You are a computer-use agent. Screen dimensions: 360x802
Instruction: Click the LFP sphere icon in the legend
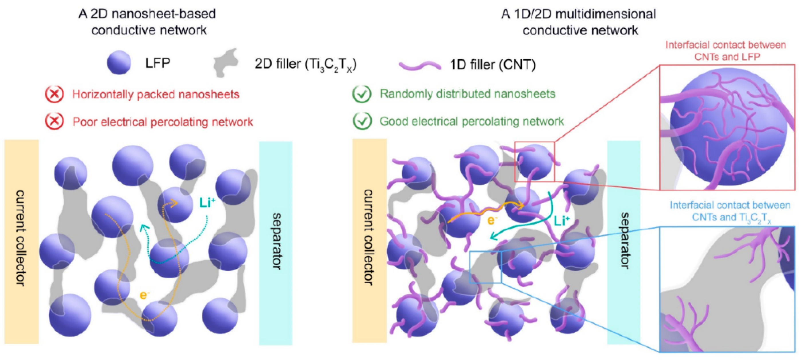pyautogui.click(x=119, y=63)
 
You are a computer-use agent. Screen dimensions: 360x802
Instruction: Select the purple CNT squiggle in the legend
pyautogui.click(x=420, y=66)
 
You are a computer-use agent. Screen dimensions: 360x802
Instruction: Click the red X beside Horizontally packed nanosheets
pyautogui.click(x=54, y=94)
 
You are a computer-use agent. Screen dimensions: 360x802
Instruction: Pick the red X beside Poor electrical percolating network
pyautogui.click(x=54, y=121)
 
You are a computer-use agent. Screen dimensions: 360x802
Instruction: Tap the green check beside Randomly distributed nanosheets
pyautogui.click(x=362, y=94)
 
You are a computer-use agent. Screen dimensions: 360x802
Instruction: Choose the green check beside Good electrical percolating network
pyautogui.click(x=362, y=121)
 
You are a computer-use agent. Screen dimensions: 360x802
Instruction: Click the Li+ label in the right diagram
pyautogui.click(x=562, y=221)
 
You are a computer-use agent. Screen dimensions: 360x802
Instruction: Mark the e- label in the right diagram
pyautogui.click(x=492, y=220)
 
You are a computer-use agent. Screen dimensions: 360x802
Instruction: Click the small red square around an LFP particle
pyautogui.click(x=534, y=162)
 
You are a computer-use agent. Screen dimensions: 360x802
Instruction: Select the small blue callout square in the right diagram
pyautogui.click(x=485, y=267)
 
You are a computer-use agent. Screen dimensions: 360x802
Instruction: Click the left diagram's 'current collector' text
pyautogui.click(x=21, y=238)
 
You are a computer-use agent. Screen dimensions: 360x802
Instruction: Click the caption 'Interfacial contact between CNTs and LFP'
pyautogui.click(x=726, y=51)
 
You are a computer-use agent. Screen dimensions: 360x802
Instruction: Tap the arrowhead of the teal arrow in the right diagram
pyautogui.click(x=493, y=237)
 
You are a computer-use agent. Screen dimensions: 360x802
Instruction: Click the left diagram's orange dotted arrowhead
pyautogui.click(x=175, y=204)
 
